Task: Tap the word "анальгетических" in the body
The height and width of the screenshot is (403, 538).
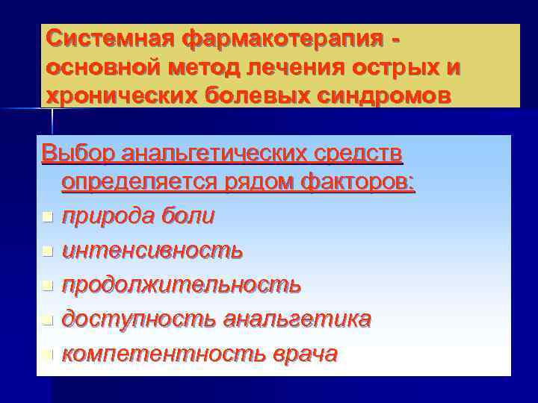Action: coord(211,153)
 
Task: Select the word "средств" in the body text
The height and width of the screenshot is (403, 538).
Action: coord(361,153)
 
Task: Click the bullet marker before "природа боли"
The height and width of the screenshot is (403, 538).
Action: coord(47,217)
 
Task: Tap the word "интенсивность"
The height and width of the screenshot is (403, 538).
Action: coord(152,251)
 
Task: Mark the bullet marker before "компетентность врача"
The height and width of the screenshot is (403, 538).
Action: coord(47,354)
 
